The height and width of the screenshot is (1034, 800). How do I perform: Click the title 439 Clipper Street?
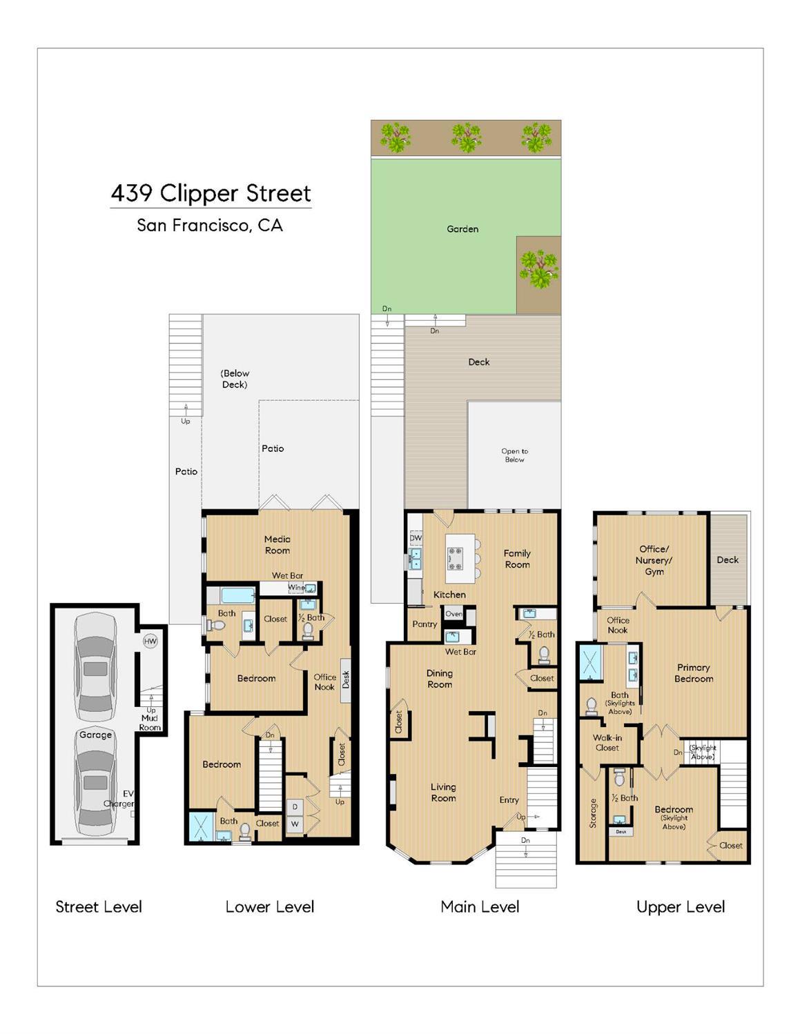click(211, 194)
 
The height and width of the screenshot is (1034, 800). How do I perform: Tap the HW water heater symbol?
click(150, 641)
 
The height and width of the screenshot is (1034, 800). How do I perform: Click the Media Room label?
click(277, 545)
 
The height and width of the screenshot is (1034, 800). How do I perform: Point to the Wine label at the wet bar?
click(295, 588)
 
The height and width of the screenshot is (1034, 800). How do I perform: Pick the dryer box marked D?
click(295, 806)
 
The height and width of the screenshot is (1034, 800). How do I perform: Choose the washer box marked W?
click(295, 824)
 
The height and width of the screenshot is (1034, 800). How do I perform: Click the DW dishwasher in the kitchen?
click(416, 538)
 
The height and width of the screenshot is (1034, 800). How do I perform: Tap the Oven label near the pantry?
click(453, 614)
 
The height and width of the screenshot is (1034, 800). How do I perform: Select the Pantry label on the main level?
click(425, 624)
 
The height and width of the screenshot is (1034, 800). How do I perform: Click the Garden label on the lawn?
click(462, 229)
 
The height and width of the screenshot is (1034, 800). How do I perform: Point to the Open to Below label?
click(514, 455)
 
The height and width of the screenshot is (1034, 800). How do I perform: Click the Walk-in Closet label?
click(607, 742)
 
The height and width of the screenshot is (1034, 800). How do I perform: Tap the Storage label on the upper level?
click(593, 813)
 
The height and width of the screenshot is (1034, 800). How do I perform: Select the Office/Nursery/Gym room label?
click(654, 560)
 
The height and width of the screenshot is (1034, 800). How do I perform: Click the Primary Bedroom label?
click(694, 673)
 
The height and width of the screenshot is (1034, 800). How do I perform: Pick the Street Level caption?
click(99, 907)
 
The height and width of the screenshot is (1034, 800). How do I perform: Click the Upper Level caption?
click(681, 907)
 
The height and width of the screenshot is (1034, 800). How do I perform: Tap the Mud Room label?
click(150, 722)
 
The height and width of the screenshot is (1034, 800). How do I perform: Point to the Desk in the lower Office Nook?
click(346, 680)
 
